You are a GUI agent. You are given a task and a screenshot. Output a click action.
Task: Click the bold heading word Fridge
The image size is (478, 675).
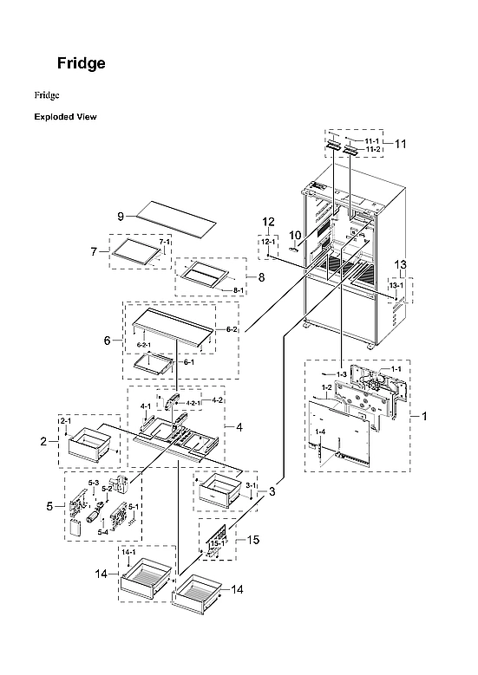click(82, 63)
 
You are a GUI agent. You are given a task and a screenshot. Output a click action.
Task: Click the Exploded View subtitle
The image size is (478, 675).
click(65, 116)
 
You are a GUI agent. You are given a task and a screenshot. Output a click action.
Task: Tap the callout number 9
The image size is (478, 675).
click(121, 215)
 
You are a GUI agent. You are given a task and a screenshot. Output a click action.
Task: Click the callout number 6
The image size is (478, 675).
click(108, 341)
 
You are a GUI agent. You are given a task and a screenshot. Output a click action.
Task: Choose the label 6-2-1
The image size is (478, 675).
click(144, 345)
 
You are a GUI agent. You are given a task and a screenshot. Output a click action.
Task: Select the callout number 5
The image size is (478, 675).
click(50, 505)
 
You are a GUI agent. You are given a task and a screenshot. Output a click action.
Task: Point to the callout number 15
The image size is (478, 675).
click(253, 540)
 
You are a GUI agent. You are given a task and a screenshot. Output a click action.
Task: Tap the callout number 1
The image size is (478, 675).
click(424, 416)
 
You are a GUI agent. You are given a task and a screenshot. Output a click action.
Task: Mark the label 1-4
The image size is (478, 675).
click(320, 432)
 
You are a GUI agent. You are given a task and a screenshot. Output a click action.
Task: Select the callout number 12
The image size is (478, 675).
click(269, 221)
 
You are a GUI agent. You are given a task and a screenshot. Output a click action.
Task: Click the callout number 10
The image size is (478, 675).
click(294, 235)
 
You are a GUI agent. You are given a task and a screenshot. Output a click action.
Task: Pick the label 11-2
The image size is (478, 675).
click(371, 150)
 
